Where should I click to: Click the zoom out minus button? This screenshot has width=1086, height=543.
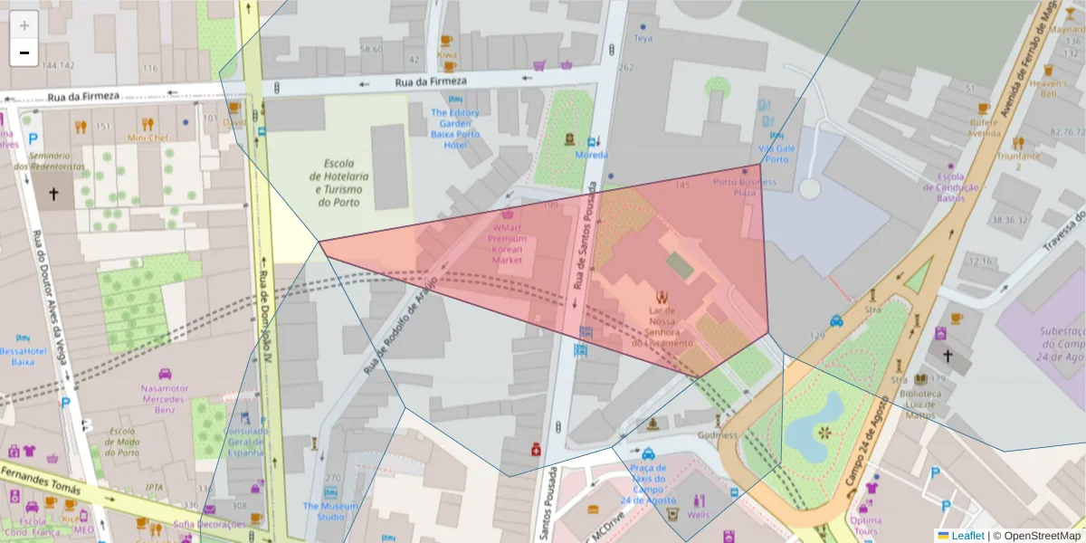[x=24, y=52]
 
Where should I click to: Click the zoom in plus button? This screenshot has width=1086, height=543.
[x=24, y=24]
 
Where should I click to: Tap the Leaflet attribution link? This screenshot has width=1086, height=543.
[x=967, y=535]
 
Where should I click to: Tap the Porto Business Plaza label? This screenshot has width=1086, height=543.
[x=744, y=187]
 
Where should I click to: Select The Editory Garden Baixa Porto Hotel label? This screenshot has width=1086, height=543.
[x=455, y=129]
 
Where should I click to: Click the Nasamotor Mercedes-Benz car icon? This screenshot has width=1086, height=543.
[x=165, y=374]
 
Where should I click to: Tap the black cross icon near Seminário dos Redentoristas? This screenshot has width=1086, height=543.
[x=53, y=193]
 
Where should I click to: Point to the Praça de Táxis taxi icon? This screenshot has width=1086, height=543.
[x=648, y=454]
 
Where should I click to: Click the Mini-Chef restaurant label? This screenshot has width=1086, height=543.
[x=148, y=138]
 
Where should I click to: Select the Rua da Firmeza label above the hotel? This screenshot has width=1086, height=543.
[x=431, y=81]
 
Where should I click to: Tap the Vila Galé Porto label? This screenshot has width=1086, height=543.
[x=774, y=153]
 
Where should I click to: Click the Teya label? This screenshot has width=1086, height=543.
[x=643, y=38]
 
